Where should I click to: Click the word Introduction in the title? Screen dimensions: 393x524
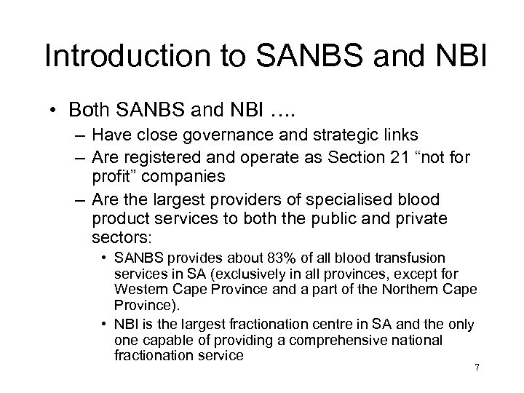click(112, 56)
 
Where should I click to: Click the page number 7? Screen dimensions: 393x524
click(477, 368)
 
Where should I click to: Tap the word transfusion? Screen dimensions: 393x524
click(416, 259)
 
